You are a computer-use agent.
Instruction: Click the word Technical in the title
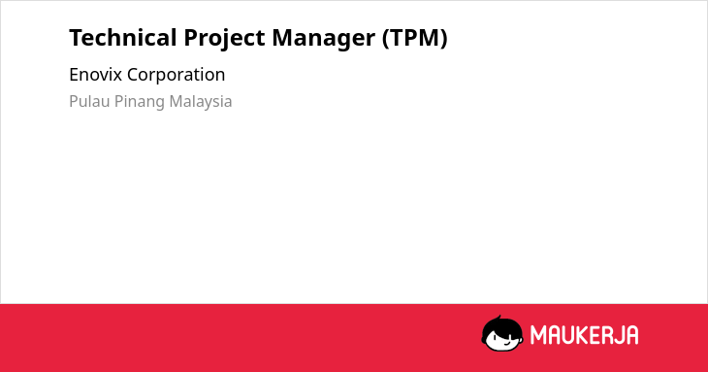coord(123,37)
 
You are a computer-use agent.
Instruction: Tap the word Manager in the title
coord(323,39)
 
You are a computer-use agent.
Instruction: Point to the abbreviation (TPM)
coord(414,38)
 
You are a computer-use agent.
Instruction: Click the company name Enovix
coord(96,75)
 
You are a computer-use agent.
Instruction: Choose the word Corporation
coord(177,75)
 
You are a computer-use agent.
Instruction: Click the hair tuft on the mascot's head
coord(499,318)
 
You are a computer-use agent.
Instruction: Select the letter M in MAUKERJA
coord(537,335)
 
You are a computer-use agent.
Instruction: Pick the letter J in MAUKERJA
coord(619,335)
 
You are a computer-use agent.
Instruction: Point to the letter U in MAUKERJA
coord(568,335)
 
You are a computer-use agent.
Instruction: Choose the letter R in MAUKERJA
coord(607,335)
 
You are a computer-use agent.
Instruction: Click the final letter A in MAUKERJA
coord(631,335)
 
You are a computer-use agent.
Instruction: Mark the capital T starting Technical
coord(76,38)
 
